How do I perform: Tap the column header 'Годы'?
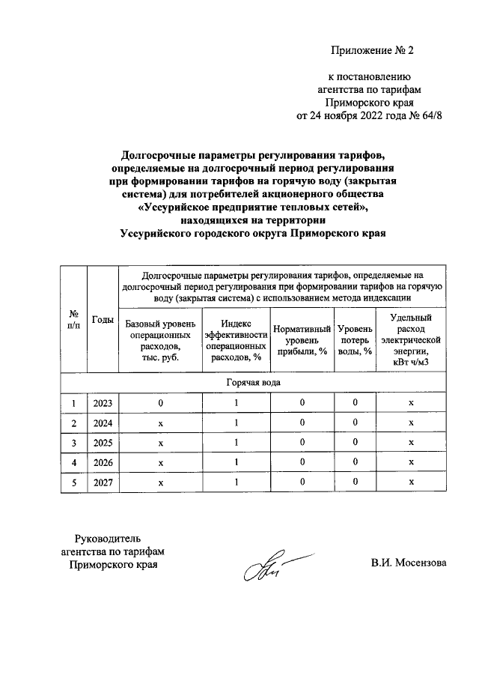click(103, 320)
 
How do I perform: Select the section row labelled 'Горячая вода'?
click(254, 383)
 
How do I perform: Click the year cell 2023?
click(103, 404)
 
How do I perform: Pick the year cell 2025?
click(103, 443)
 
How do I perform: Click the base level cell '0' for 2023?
click(160, 404)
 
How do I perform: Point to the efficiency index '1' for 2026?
click(236, 462)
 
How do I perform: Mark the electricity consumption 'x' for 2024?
click(411, 423)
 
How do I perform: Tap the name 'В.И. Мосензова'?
click(408, 563)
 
